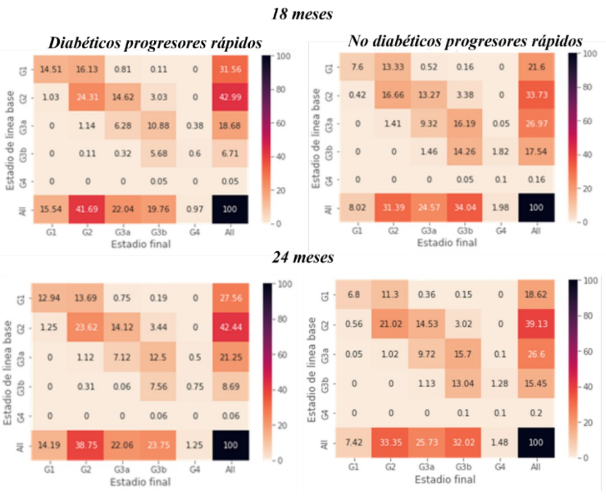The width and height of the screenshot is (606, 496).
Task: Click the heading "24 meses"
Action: click(x=303, y=258)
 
